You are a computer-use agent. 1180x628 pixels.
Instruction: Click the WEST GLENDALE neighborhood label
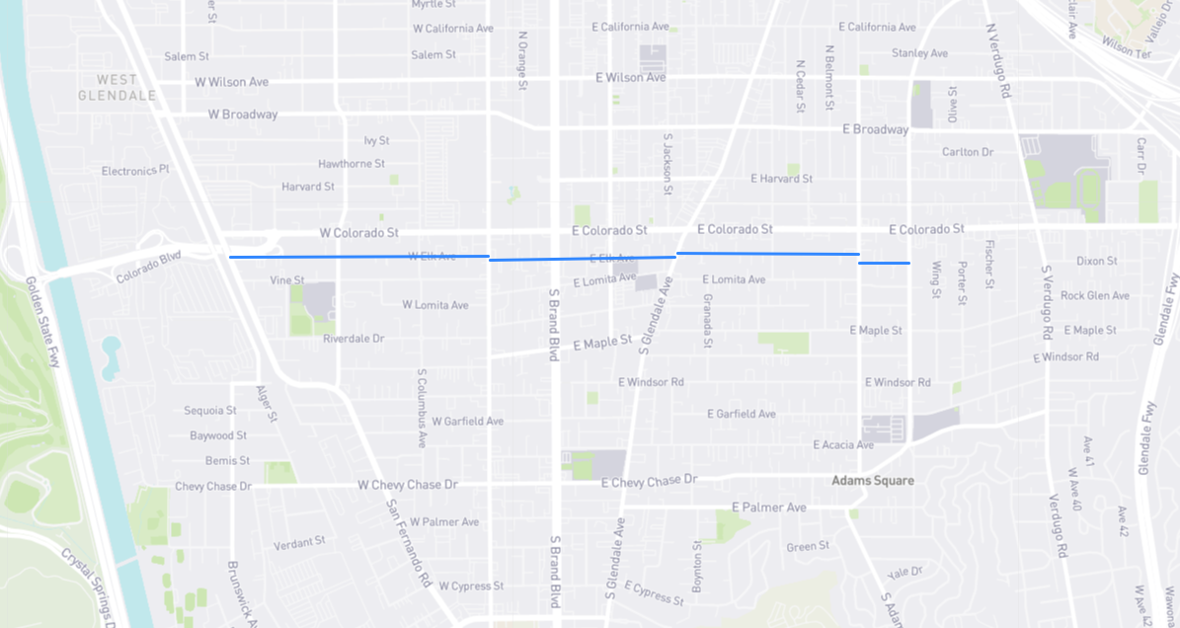pos(118,87)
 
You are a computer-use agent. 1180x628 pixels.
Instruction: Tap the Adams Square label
pos(872,481)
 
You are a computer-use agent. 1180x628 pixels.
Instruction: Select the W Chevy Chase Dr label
pos(408,485)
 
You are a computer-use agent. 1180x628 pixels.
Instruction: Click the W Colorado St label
pos(358,233)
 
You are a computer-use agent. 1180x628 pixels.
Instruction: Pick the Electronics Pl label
pos(135,171)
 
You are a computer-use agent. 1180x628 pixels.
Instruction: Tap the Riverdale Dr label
pos(354,339)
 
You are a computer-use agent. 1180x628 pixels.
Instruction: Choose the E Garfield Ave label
pos(742,414)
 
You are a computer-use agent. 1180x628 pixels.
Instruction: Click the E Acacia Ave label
pos(843,445)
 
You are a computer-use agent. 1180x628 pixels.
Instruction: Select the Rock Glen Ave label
pos(1095,296)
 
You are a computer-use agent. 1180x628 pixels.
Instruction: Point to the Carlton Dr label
pos(967,152)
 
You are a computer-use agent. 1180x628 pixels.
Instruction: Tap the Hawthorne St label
pos(351,164)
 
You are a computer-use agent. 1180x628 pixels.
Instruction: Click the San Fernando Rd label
pos(408,542)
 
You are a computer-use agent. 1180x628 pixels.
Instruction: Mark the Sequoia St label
pos(210,411)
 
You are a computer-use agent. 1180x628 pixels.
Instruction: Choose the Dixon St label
pos(1096,262)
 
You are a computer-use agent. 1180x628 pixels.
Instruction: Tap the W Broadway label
pos(243,115)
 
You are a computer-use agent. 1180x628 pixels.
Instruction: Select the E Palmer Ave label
pos(768,508)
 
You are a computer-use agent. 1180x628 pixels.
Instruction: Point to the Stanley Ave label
pos(919,53)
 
